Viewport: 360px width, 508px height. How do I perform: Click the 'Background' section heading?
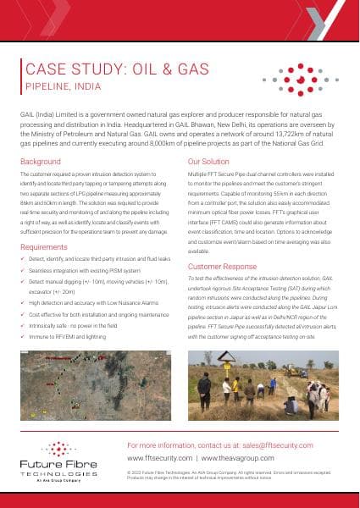[x=40, y=161]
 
